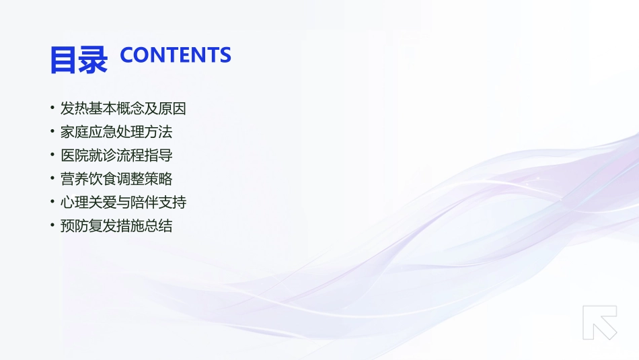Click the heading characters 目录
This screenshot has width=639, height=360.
79,59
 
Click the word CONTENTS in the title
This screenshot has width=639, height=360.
176,55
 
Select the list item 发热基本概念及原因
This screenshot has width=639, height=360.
123,108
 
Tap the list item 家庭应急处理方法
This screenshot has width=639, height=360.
116,132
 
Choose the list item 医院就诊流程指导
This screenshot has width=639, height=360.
116,155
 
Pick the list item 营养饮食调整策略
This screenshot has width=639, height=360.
116,179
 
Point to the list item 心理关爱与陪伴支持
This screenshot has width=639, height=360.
123,202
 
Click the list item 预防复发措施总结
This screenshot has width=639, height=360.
116,225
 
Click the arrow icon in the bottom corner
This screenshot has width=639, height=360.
599,322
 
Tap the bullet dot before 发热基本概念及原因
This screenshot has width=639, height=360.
52,108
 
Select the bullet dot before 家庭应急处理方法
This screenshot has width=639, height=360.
52,132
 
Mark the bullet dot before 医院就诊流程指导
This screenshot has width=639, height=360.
52,155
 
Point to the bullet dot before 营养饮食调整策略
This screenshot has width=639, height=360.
52,179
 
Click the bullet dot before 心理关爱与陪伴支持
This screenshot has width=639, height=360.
52,202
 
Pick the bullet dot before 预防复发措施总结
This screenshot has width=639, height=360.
52,225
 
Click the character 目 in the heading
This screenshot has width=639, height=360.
64,59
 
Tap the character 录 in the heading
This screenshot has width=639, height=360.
93,59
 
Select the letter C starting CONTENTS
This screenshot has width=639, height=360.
128,55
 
